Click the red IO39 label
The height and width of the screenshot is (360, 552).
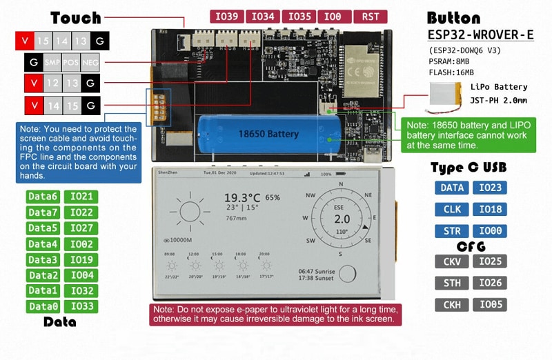pyautogui.click(x=226, y=17)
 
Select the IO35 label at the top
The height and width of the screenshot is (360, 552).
pyautogui.click(x=298, y=17)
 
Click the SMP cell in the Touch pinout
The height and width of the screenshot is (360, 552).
pyautogui.click(x=52, y=63)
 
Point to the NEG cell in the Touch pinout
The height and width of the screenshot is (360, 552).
pyautogui.click(x=90, y=63)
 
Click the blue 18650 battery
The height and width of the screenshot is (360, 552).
pyautogui.click(x=269, y=132)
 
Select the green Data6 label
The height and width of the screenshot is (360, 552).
pyautogui.click(x=43, y=197)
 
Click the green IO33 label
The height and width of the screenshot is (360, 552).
pyautogui.click(x=81, y=306)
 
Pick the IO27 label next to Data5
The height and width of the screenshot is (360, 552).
pyautogui.click(x=81, y=228)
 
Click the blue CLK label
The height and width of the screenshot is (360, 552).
pyautogui.click(x=452, y=209)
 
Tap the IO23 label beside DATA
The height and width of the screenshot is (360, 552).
pyautogui.click(x=491, y=188)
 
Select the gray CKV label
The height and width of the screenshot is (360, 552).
pyautogui.click(x=452, y=261)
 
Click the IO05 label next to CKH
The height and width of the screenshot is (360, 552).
pyautogui.click(x=491, y=305)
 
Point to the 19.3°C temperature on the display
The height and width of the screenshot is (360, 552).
pyautogui.click(x=242, y=197)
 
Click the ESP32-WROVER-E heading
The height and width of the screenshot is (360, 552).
pyautogui.click(x=480, y=35)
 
